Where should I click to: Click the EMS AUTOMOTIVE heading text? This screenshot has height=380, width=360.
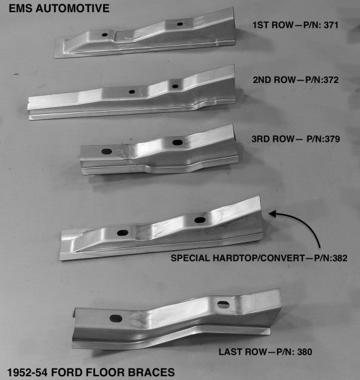(56, 8)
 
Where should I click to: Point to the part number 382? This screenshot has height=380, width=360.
(339, 258)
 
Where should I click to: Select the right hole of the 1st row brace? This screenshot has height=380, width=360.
(180, 24)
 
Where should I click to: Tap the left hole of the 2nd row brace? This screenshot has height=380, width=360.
(132, 92)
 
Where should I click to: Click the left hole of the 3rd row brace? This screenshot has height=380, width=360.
(106, 151)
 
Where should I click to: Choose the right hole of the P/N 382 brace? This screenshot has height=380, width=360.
(200, 220)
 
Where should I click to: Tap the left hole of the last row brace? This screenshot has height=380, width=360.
(116, 319)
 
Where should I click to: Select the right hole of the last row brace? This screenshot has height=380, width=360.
(223, 305)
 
